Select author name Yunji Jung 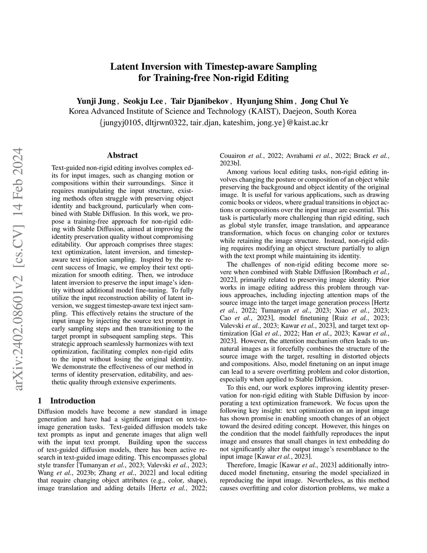(x=97, y=101)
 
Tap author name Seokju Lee (x=144, y=101)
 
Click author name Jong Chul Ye (x=325, y=101)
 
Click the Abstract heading (x=122, y=155)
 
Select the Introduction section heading (x=73, y=401)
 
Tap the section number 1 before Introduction (x=40, y=401)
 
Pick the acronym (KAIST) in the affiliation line (x=264, y=111)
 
